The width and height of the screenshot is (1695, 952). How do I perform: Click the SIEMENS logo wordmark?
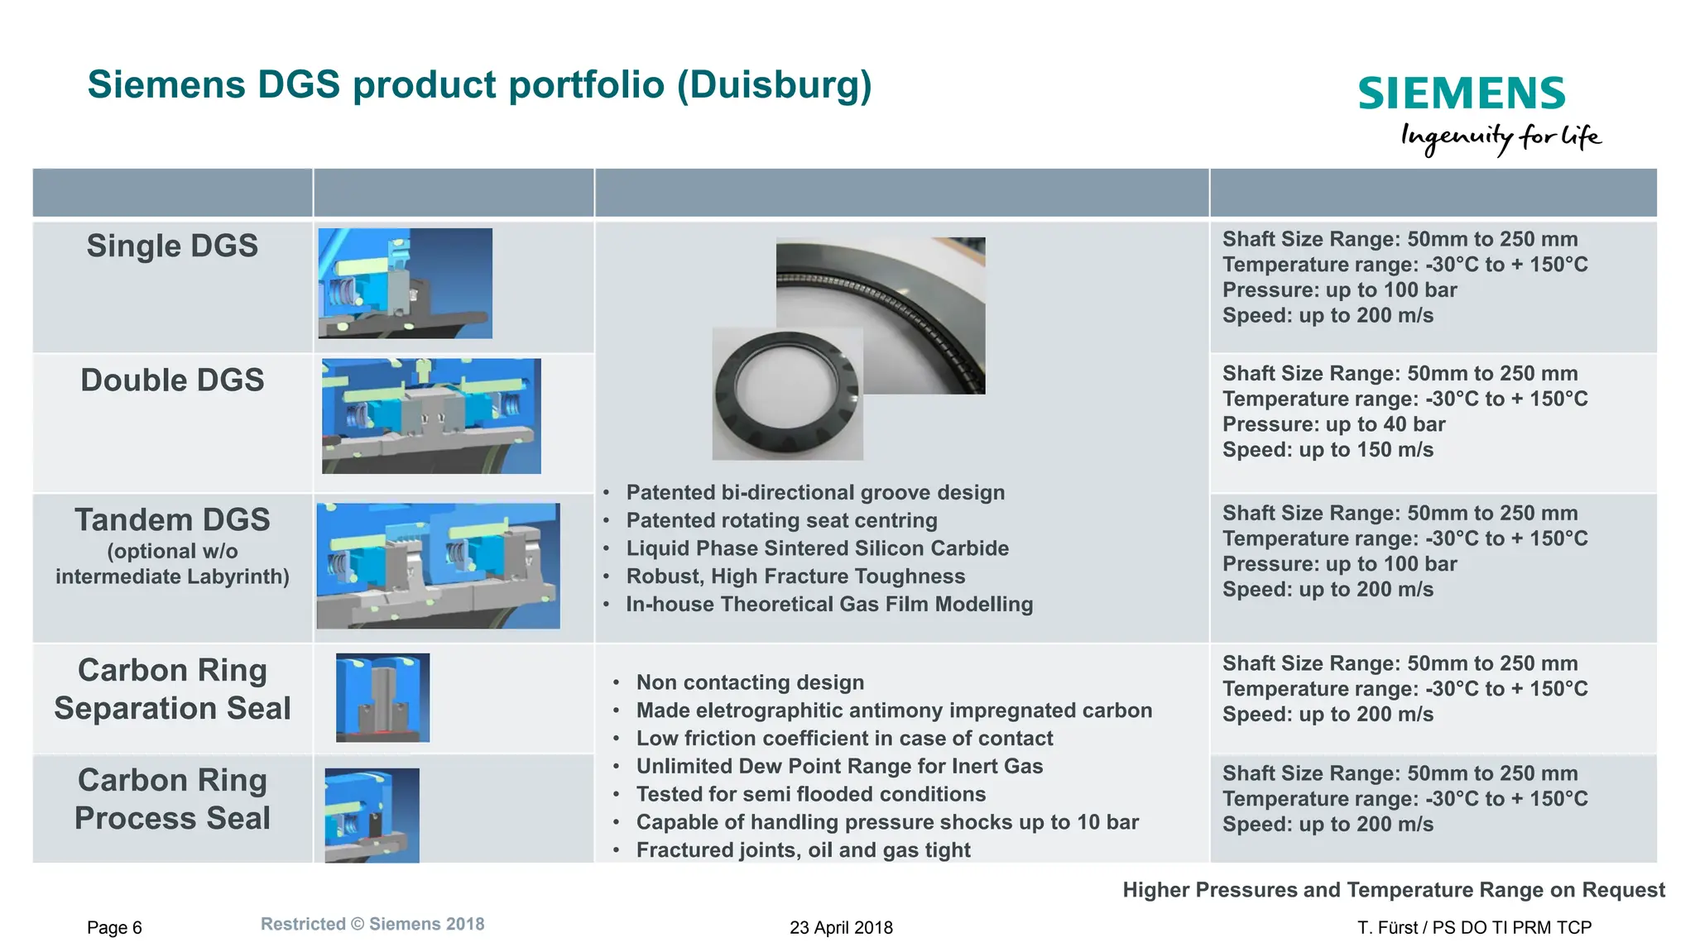(x=1461, y=93)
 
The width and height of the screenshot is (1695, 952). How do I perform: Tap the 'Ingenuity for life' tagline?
(x=1500, y=137)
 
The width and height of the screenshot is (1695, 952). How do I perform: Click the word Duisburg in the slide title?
(x=774, y=85)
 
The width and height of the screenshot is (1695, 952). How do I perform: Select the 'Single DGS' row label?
(x=172, y=246)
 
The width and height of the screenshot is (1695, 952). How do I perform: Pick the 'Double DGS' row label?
(x=172, y=380)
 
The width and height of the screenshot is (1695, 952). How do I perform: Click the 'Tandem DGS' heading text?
(x=172, y=520)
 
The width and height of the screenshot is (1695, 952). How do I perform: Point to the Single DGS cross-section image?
(x=406, y=283)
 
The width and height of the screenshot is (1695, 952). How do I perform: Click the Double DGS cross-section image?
(x=431, y=416)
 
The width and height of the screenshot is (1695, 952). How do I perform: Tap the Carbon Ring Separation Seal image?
(x=382, y=697)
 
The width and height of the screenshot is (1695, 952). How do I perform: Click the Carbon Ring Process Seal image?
(x=372, y=816)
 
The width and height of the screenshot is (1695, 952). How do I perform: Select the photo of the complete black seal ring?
(x=787, y=395)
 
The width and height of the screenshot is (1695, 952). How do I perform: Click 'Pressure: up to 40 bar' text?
(x=1333, y=424)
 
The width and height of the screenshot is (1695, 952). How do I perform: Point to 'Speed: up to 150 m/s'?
(x=1328, y=450)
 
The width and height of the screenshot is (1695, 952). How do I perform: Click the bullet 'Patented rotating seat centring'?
(x=781, y=521)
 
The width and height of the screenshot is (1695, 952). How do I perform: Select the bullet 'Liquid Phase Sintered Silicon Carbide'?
(x=817, y=549)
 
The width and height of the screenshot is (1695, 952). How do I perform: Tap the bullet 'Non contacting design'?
(x=750, y=682)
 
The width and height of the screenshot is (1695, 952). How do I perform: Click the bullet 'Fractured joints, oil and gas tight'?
(x=803, y=850)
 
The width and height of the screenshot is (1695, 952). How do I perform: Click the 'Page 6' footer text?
(x=114, y=928)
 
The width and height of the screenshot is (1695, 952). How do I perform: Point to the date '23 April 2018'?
(x=841, y=928)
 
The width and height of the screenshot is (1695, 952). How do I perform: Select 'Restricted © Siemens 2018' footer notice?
(x=372, y=925)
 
